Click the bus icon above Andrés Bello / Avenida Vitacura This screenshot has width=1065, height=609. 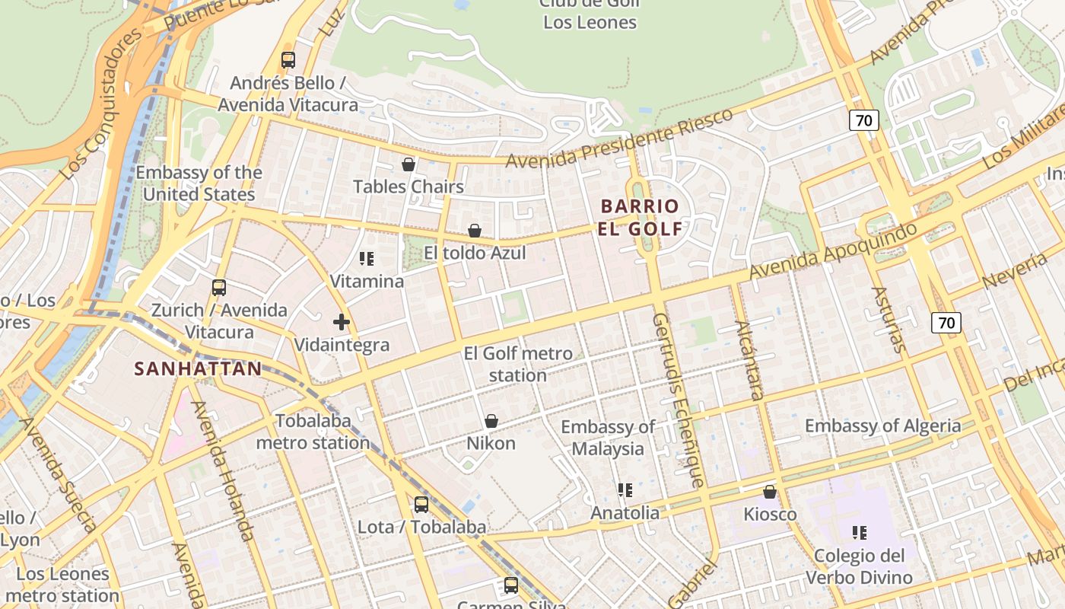pyautogui.click(x=288, y=60)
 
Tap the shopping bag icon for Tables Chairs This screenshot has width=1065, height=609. pyautogui.click(x=409, y=164)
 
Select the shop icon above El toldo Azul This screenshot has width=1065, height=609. pyautogui.click(x=475, y=231)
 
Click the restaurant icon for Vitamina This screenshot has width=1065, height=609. pyautogui.click(x=367, y=259)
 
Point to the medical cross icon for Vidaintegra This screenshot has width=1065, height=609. pyautogui.click(x=342, y=322)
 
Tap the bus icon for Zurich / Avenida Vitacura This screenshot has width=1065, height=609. pyautogui.click(x=219, y=288)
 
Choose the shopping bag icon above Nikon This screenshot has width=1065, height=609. pyautogui.click(x=491, y=421)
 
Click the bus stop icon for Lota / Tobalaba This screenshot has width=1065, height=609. pyautogui.click(x=421, y=504)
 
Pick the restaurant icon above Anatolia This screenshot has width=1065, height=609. pyautogui.click(x=625, y=490)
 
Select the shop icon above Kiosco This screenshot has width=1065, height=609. pyautogui.click(x=770, y=492)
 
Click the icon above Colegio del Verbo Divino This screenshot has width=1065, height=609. pyautogui.click(x=860, y=533)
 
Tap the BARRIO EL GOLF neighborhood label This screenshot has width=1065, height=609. pyautogui.click(x=640, y=218)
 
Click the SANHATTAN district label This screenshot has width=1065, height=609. pyautogui.click(x=198, y=369)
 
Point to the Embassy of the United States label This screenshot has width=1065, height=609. pyautogui.click(x=199, y=183)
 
